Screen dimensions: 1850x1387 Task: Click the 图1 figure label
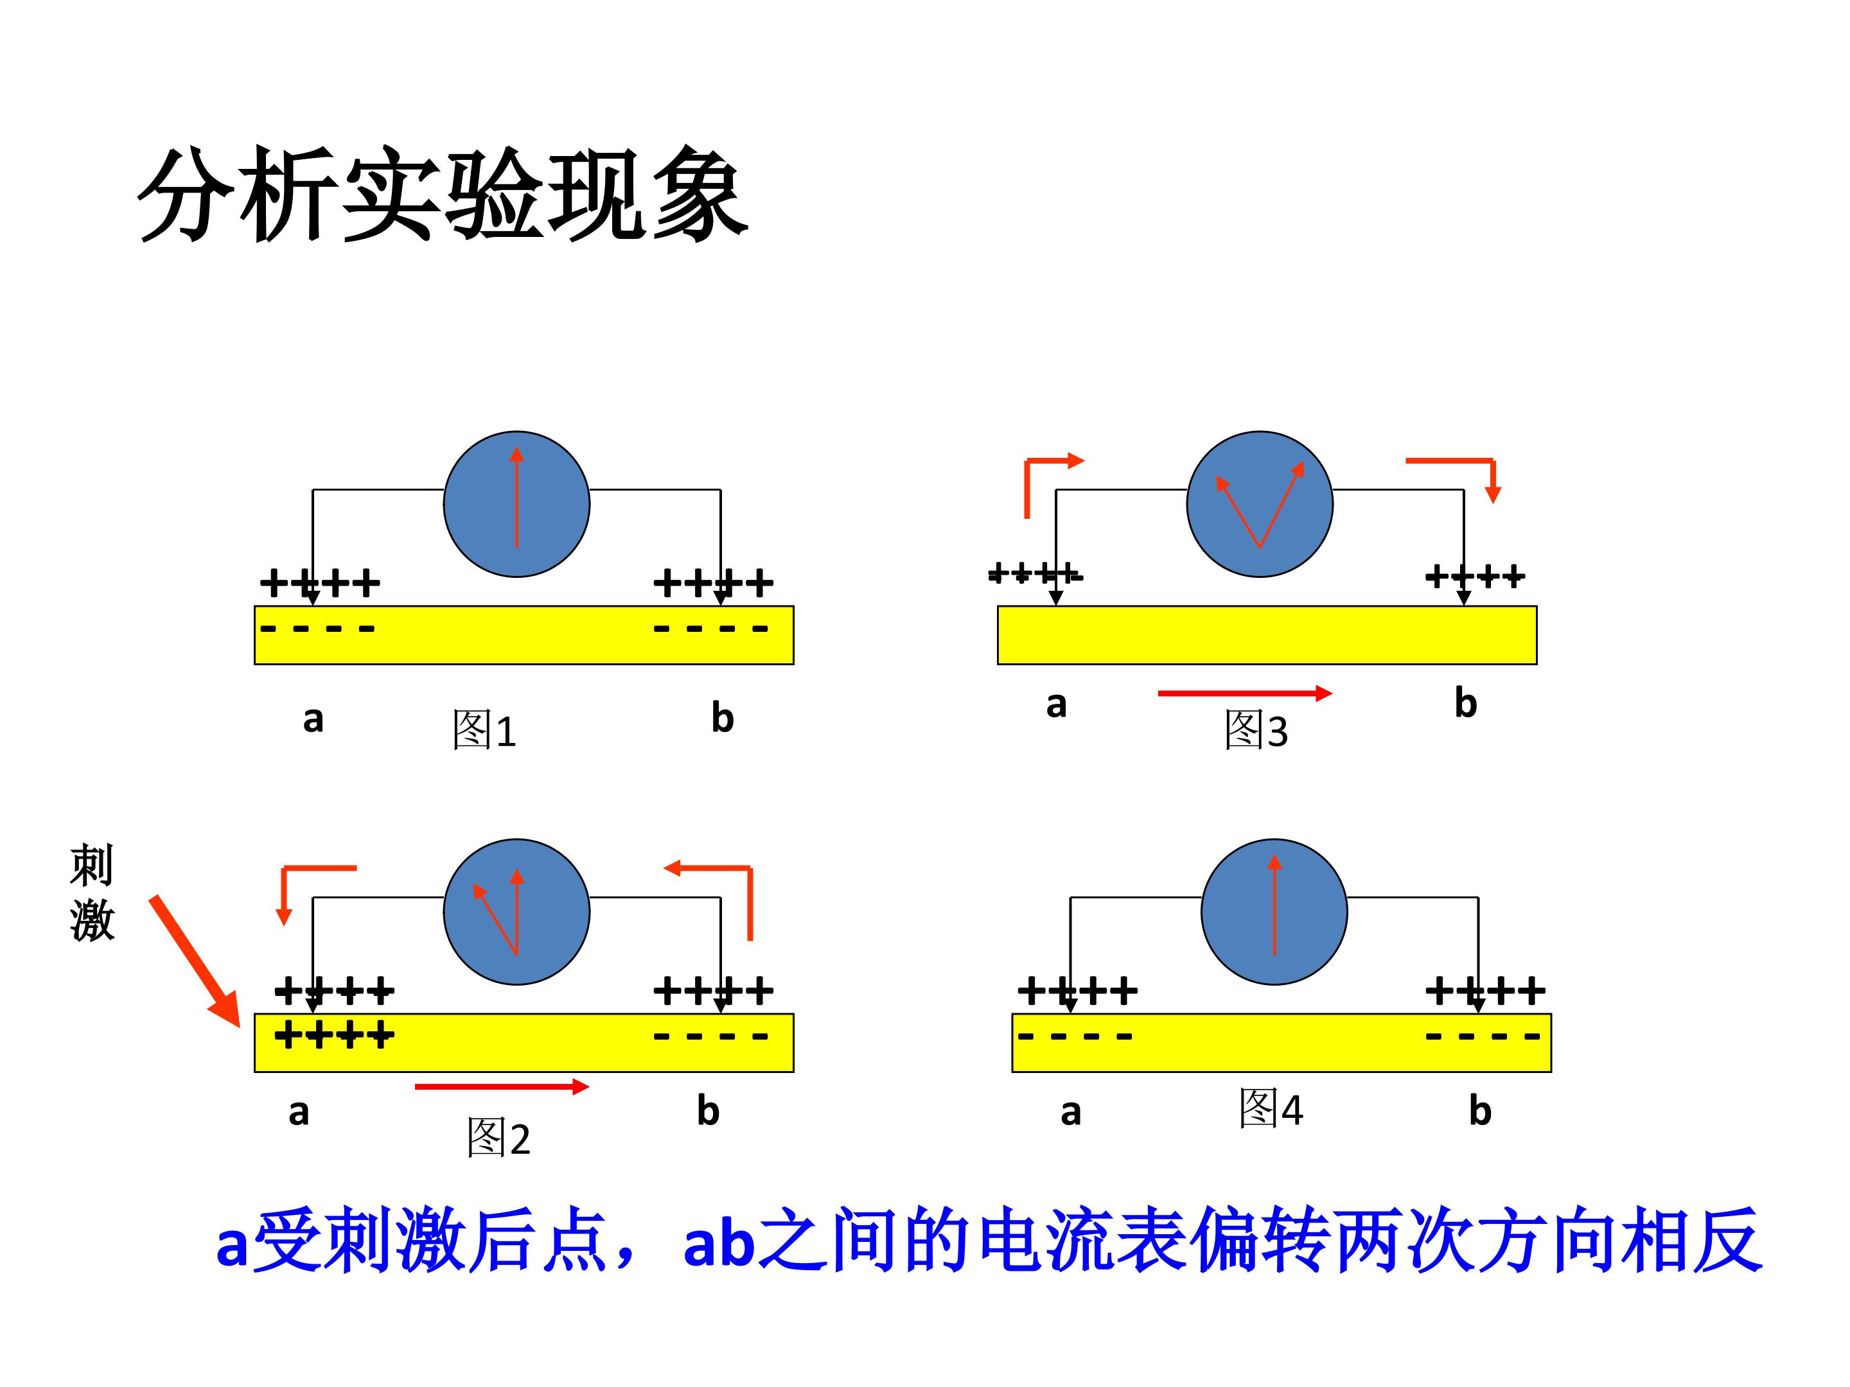click(484, 730)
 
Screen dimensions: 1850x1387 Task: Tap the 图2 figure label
click(498, 1138)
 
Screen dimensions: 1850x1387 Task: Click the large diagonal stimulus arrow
click(195, 961)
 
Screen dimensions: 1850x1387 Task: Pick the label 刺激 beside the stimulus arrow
click(91, 893)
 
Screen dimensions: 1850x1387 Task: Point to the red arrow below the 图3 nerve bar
click(1244, 693)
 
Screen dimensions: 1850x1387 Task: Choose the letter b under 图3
click(1465, 703)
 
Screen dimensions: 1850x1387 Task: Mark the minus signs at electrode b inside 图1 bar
click(711, 629)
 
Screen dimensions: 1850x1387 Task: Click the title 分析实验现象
click(443, 194)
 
